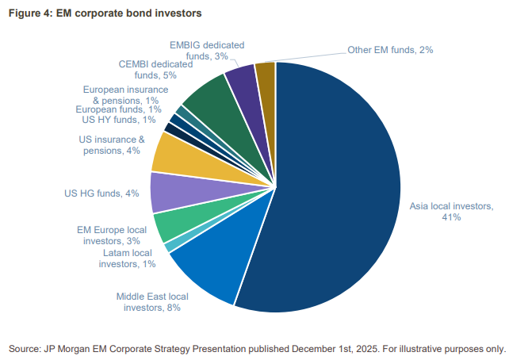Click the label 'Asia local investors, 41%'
click(445, 212)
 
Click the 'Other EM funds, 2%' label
click(390, 50)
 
